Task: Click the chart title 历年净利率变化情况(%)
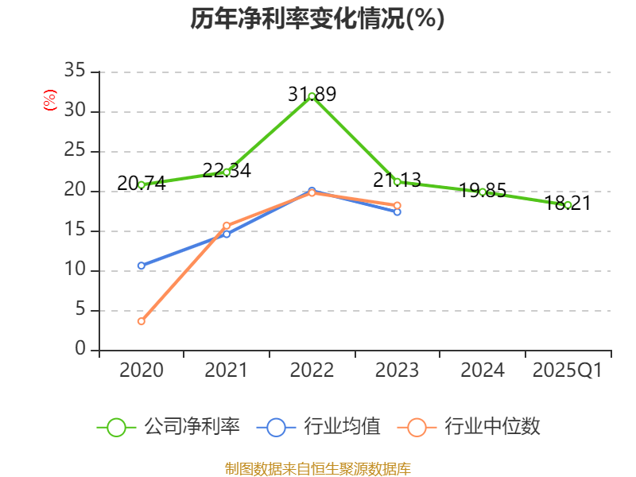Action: coord(317,19)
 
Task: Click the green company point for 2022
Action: coord(312,96)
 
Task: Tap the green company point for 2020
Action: coord(142,184)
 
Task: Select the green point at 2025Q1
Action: coord(568,205)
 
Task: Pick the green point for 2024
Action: coord(483,192)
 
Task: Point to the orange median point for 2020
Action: coord(142,321)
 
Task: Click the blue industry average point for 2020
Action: coord(142,266)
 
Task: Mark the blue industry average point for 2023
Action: coord(397,211)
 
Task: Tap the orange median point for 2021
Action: coord(227,226)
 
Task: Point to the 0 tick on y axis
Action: coord(80,350)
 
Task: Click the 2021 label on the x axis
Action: coord(227,370)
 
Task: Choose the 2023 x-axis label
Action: coord(397,370)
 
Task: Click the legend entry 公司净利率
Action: coord(168,427)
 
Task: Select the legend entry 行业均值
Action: coord(319,427)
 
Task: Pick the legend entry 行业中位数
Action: coord(474,427)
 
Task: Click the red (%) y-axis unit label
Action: coord(50,100)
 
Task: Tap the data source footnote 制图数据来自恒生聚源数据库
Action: coord(317,469)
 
